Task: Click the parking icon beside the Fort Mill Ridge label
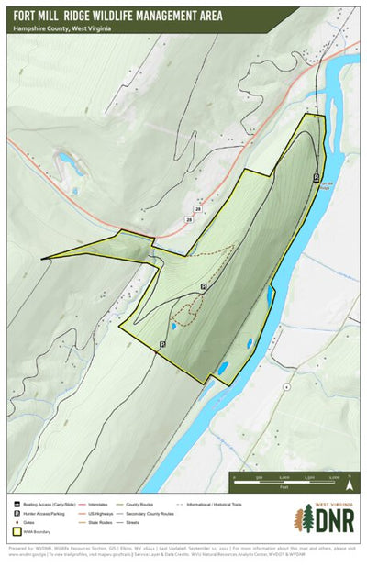317,178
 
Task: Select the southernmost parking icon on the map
162,344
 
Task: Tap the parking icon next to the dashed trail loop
204,286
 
